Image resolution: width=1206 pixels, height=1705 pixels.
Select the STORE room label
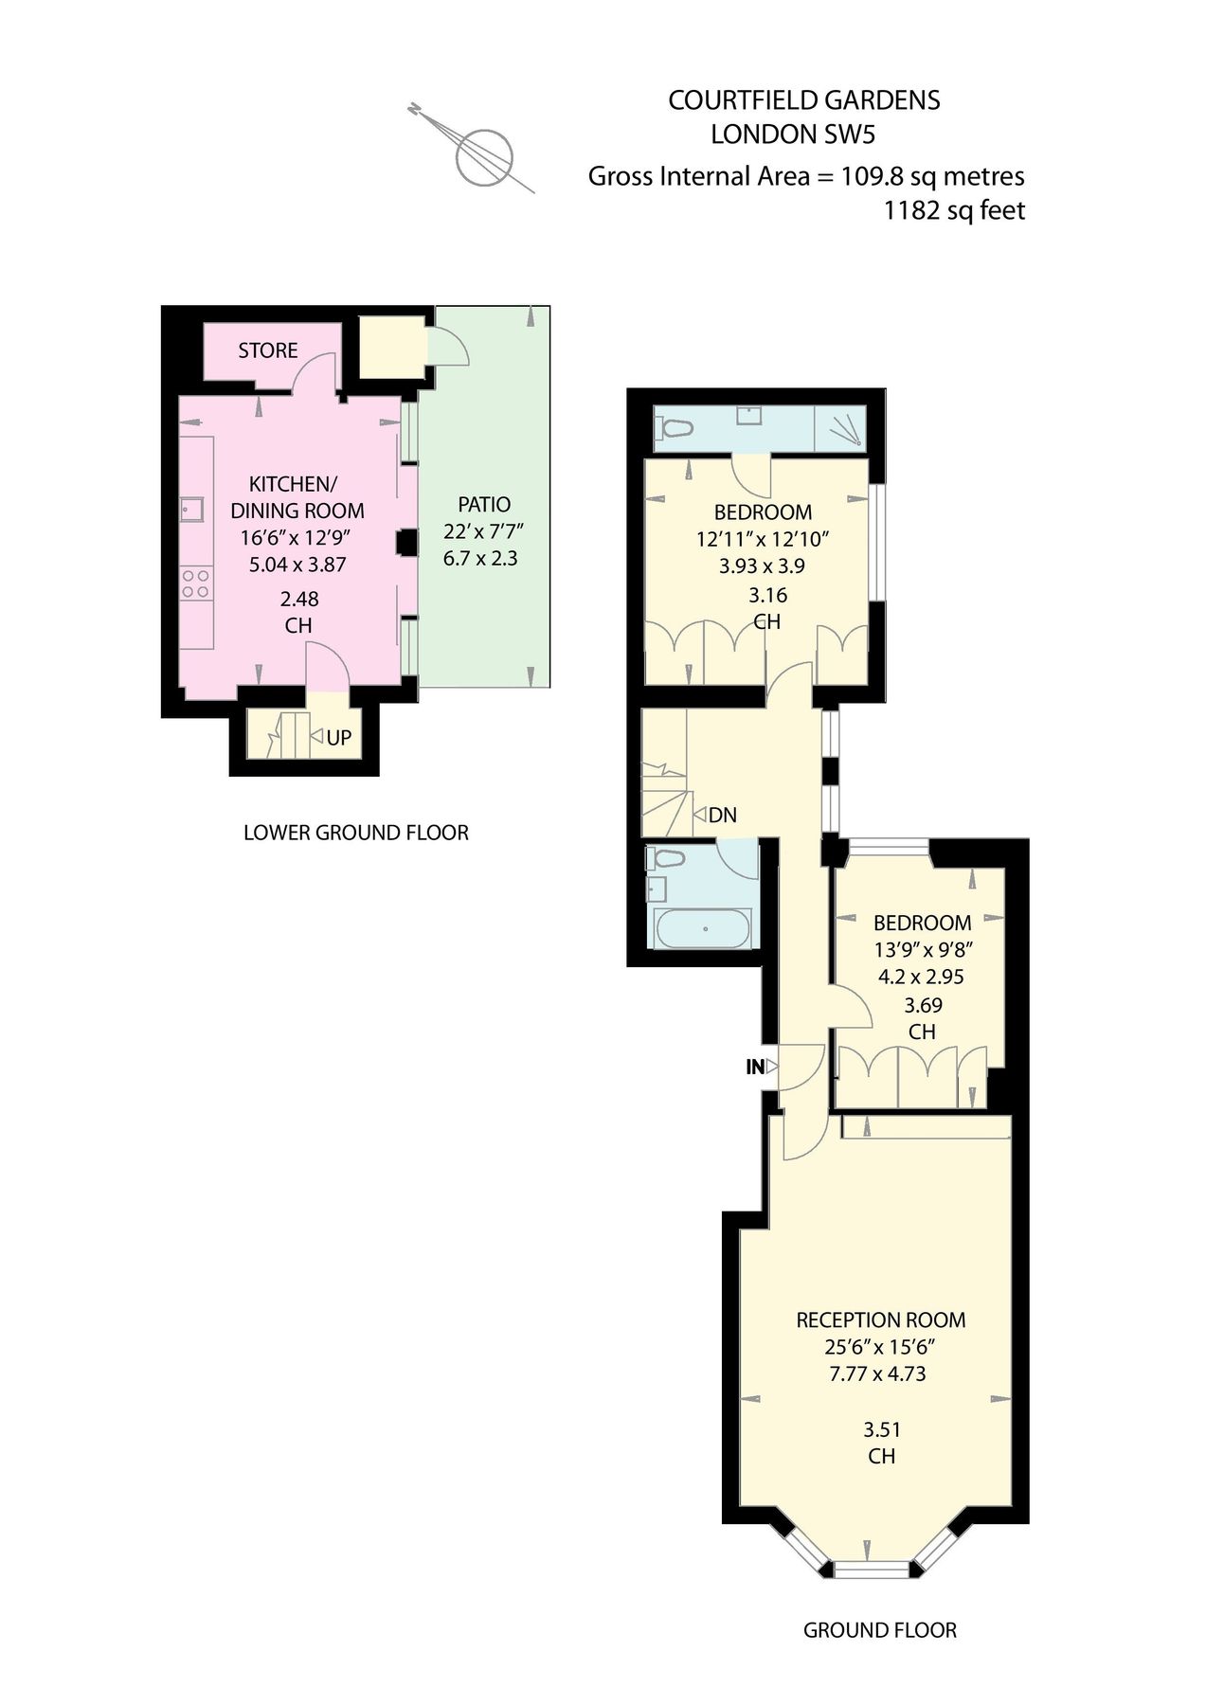click(268, 350)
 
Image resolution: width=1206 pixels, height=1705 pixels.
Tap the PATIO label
click(484, 505)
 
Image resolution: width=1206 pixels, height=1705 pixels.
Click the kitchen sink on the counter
click(192, 510)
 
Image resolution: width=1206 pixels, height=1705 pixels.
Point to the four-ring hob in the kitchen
click(196, 583)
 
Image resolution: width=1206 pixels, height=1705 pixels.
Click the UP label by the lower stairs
click(338, 738)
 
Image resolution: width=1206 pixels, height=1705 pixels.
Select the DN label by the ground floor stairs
click(722, 815)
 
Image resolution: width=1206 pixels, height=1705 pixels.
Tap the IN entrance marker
click(755, 1068)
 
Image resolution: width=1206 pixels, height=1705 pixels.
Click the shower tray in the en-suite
click(840, 428)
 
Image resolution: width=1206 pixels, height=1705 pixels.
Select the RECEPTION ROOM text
click(880, 1319)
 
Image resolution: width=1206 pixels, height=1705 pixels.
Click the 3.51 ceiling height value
click(881, 1429)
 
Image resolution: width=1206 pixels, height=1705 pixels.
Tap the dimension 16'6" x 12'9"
click(297, 537)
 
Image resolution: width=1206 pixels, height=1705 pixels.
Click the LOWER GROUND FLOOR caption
click(356, 833)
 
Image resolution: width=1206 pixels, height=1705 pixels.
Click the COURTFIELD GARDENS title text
click(803, 100)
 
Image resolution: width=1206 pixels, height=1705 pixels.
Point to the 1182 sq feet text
click(953, 210)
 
